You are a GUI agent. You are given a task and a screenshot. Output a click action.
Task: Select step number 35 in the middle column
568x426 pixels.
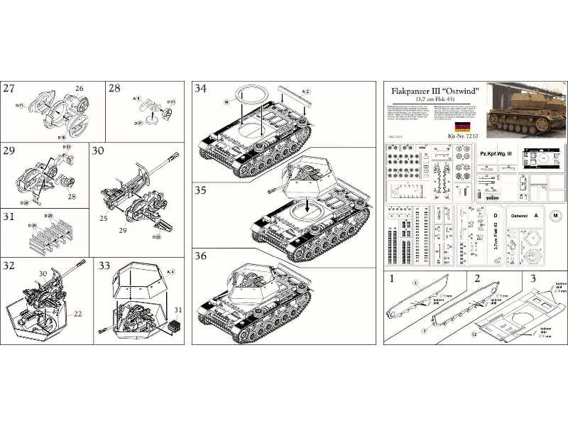(201, 192)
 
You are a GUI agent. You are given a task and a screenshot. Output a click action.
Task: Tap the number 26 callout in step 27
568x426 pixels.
(79, 89)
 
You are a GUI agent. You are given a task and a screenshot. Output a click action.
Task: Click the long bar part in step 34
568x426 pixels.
(293, 94)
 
